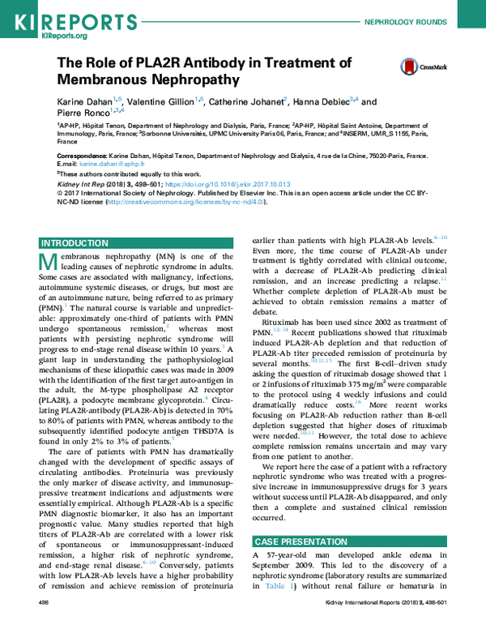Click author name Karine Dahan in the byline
pyautogui.click(x=85, y=102)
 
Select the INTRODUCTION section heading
pyautogui.click(x=75, y=242)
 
